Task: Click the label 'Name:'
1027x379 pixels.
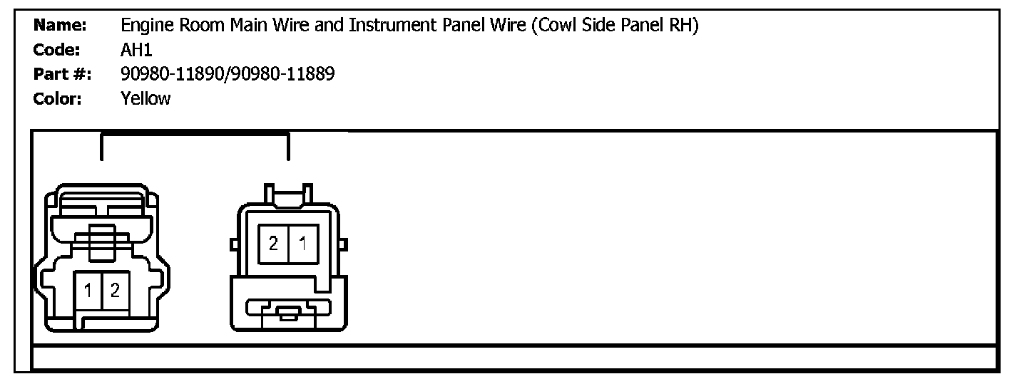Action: pyautogui.click(x=61, y=26)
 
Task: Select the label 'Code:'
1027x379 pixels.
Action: pyautogui.click(x=57, y=51)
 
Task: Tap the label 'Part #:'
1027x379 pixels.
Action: pyautogui.click(x=62, y=74)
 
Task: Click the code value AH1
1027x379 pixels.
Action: pyautogui.click(x=137, y=51)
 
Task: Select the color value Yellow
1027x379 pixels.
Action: pyautogui.click(x=146, y=98)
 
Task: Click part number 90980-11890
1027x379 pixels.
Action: pyautogui.click(x=173, y=74)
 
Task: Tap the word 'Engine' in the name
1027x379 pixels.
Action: pyautogui.click(x=145, y=26)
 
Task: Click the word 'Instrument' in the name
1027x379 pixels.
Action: pyautogui.click(x=384, y=26)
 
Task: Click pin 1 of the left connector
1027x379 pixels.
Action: pyautogui.click(x=88, y=290)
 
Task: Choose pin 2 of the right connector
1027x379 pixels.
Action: pyautogui.click(x=273, y=244)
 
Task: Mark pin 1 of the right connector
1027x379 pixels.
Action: pyautogui.click(x=302, y=244)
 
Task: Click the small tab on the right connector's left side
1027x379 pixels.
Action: pyautogui.click(x=233, y=244)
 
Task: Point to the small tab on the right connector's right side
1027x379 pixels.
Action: pyautogui.click(x=343, y=244)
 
